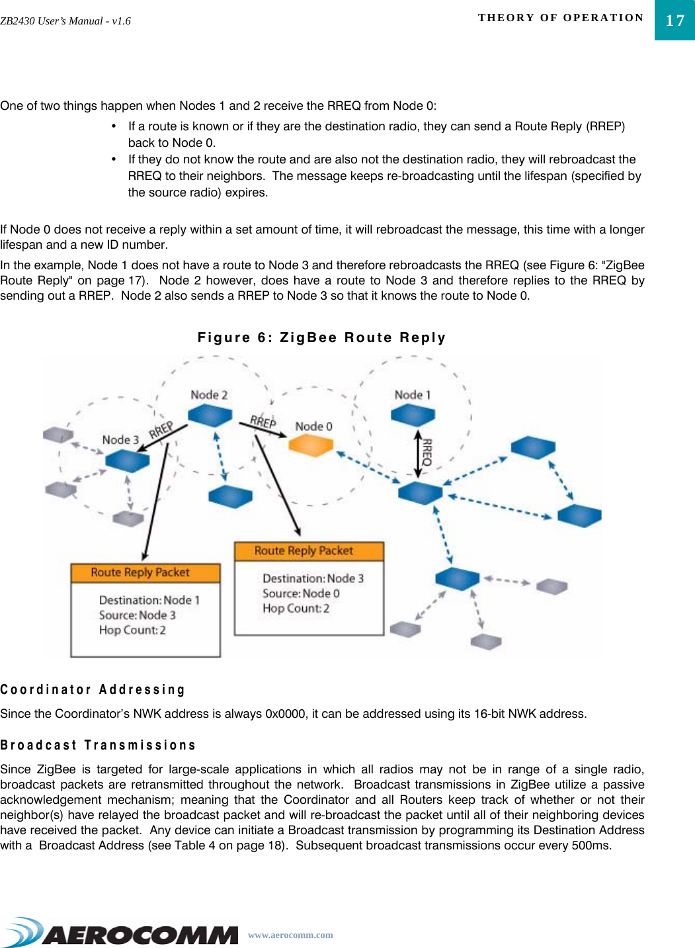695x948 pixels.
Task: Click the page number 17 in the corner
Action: [675, 21]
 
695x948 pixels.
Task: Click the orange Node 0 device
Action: [311, 445]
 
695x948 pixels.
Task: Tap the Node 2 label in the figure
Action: [209, 395]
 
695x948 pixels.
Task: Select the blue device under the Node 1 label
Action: [413, 415]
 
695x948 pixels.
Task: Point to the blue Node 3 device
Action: [127, 460]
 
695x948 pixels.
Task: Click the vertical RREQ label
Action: [427, 452]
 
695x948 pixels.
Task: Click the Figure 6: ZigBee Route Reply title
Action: [322, 337]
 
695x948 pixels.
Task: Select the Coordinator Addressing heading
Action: [93, 689]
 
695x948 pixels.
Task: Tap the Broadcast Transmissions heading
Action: [98, 745]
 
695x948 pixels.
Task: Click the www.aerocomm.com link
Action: [290, 935]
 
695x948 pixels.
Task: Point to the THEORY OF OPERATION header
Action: [561, 18]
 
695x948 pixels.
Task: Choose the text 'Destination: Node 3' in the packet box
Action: [313, 578]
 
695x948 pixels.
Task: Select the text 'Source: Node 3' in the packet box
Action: [138, 615]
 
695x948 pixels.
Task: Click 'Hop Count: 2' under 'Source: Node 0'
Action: [296, 609]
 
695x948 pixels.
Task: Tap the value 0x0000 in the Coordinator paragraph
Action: [285, 714]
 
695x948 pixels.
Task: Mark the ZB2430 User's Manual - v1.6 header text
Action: [65, 21]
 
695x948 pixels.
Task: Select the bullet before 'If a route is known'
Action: [114, 126]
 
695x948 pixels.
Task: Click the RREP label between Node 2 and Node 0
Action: [263, 421]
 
